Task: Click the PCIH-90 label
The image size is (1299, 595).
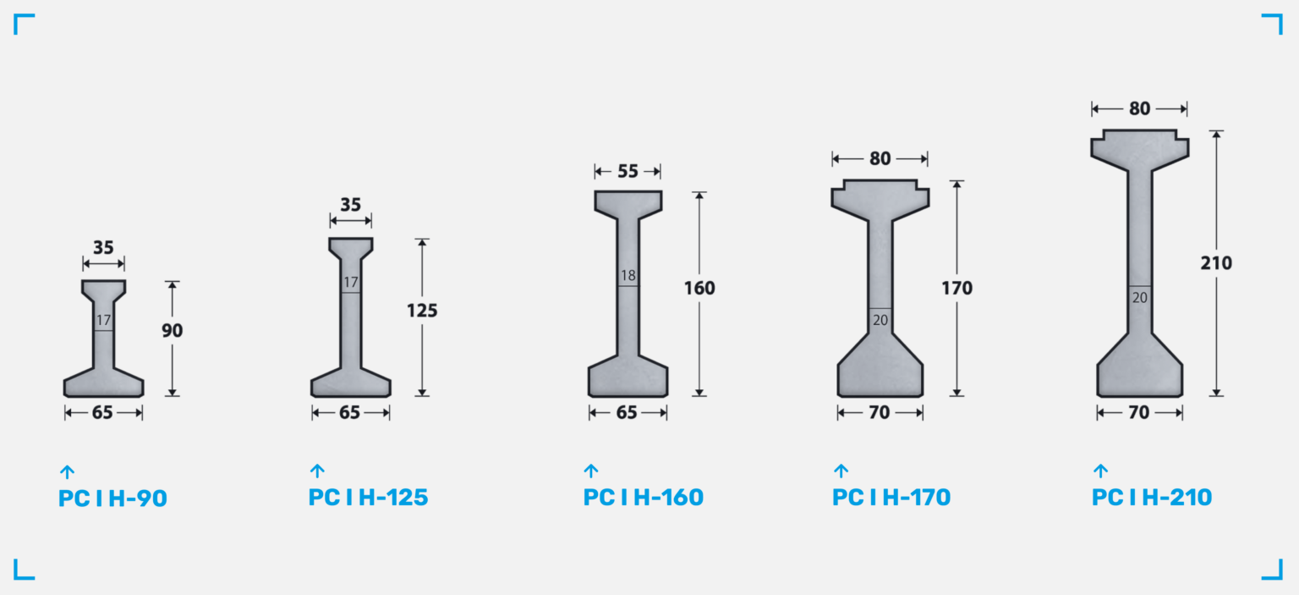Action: [x=112, y=499]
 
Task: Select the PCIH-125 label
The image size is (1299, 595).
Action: [x=368, y=497]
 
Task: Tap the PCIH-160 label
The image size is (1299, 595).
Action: [x=643, y=497]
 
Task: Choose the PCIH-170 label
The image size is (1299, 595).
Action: [x=891, y=497]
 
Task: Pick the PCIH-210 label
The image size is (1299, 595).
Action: [x=1152, y=497]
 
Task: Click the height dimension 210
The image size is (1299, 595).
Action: [x=1216, y=263]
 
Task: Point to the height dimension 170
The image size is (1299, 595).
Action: [x=957, y=289]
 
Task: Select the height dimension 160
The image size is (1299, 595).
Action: [x=699, y=289]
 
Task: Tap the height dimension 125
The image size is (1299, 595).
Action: [x=422, y=311]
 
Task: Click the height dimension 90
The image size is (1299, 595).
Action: [x=173, y=330]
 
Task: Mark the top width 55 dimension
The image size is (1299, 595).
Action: [x=628, y=172]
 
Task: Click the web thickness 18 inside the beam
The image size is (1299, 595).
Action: [x=628, y=276]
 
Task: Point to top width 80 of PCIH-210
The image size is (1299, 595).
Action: [x=1139, y=109]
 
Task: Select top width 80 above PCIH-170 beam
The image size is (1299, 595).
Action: [x=880, y=158]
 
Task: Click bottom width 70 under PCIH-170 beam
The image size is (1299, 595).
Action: [x=880, y=413]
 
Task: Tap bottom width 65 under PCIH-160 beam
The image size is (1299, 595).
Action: [x=628, y=413]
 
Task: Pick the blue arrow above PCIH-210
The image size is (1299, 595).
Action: [x=1100, y=471]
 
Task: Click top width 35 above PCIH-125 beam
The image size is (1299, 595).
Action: [x=350, y=205]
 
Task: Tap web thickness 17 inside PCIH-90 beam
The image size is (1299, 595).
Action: [x=103, y=321]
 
